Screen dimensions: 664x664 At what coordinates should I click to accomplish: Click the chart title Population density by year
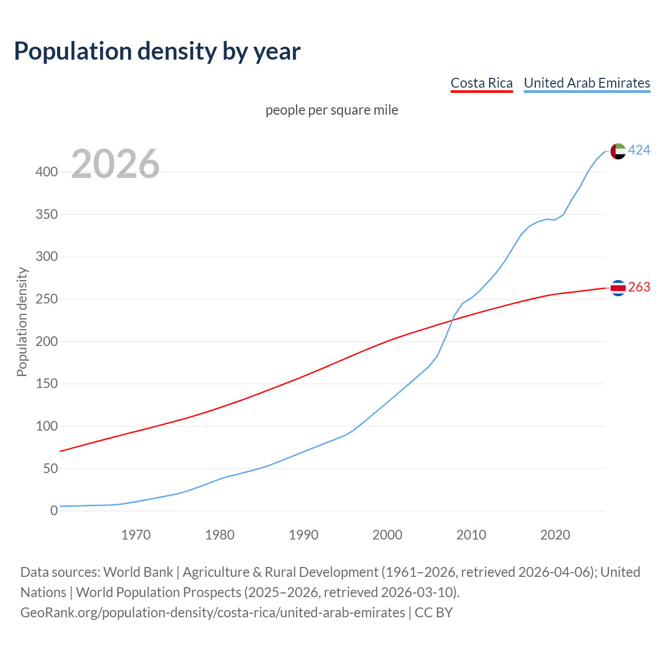click(157, 51)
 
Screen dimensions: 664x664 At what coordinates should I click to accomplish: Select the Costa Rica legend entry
click(481, 83)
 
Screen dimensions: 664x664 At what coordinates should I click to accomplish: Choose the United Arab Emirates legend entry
click(587, 83)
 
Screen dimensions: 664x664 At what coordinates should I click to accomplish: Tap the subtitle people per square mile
click(331, 110)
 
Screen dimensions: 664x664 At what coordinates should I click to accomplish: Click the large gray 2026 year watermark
click(115, 164)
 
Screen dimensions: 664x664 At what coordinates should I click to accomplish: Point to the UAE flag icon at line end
click(618, 151)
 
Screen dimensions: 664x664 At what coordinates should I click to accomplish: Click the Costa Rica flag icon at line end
click(618, 287)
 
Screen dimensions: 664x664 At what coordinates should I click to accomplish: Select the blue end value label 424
click(639, 150)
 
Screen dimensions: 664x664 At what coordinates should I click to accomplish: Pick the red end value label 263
click(639, 287)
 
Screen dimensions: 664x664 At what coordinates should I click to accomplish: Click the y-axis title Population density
click(22, 322)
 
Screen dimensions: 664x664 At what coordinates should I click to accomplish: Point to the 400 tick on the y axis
click(47, 172)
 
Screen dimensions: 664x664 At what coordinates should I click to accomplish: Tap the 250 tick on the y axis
click(47, 299)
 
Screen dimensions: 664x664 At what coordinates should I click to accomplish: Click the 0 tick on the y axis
click(53, 511)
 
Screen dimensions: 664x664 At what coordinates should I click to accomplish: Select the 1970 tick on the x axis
click(136, 535)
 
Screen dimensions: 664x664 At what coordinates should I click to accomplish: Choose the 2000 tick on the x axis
click(388, 535)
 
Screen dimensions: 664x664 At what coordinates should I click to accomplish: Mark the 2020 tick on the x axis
click(555, 535)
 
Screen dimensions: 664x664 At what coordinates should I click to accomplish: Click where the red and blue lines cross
click(452, 321)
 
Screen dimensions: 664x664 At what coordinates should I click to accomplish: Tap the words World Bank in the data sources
click(138, 572)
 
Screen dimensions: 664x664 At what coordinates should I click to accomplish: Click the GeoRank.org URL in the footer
click(213, 613)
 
